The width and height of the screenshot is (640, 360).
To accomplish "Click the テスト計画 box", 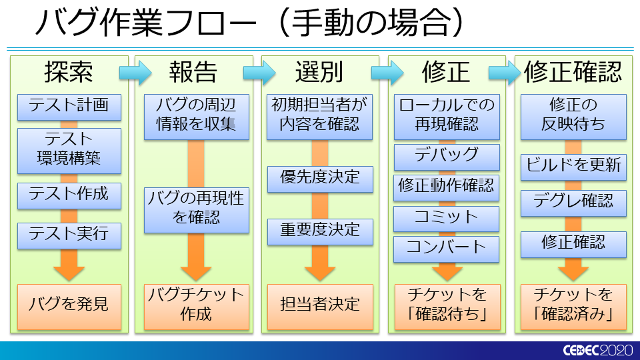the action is pyautogui.click(x=69, y=107).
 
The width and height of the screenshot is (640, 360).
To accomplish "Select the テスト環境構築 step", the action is pyautogui.click(x=69, y=151).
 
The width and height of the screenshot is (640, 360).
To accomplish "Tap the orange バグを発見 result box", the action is pyautogui.click(x=69, y=307).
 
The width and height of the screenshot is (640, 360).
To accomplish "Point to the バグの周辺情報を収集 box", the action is pyautogui.click(x=196, y=117).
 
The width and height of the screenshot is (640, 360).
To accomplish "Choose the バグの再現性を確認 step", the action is pyautogui.click(x=196, y=210).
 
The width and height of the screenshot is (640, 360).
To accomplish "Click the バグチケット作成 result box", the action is pyautogui.click(x=196, y=307).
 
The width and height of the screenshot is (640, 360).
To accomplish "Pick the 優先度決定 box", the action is pyautogui.click(x=320, y=179).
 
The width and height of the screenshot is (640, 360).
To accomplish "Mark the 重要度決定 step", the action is pyautogui.click(x=320, y=232).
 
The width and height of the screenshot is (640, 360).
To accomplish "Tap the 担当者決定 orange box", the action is pyautogui.click(x=320, y=307).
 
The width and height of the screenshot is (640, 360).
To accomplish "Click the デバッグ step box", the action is pyautogui.click(x=447, y=157).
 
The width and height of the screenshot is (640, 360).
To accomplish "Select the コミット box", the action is pyautogui.click(x=446, y=219).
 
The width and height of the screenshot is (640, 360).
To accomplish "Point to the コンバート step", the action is pyautogui.click(x=446, y=249).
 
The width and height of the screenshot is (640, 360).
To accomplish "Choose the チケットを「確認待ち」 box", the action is pyautogui.click(x=447, y=307).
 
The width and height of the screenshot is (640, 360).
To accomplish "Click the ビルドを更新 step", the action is pyautogui.click(x=573, y=167).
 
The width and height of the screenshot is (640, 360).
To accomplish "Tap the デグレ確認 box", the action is pyautogui.click(x=573, y=203).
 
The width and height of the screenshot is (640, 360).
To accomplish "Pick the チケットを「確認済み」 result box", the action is pyautogui.click(x=573, y=307).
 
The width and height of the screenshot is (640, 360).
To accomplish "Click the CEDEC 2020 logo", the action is pyautogui.click(x=598, y=350).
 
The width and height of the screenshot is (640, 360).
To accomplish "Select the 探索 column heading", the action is pyautogui.click(x=69, y=72).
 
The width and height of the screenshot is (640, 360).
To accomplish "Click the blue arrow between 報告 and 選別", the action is pyautogui.click(x=259, y=73).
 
